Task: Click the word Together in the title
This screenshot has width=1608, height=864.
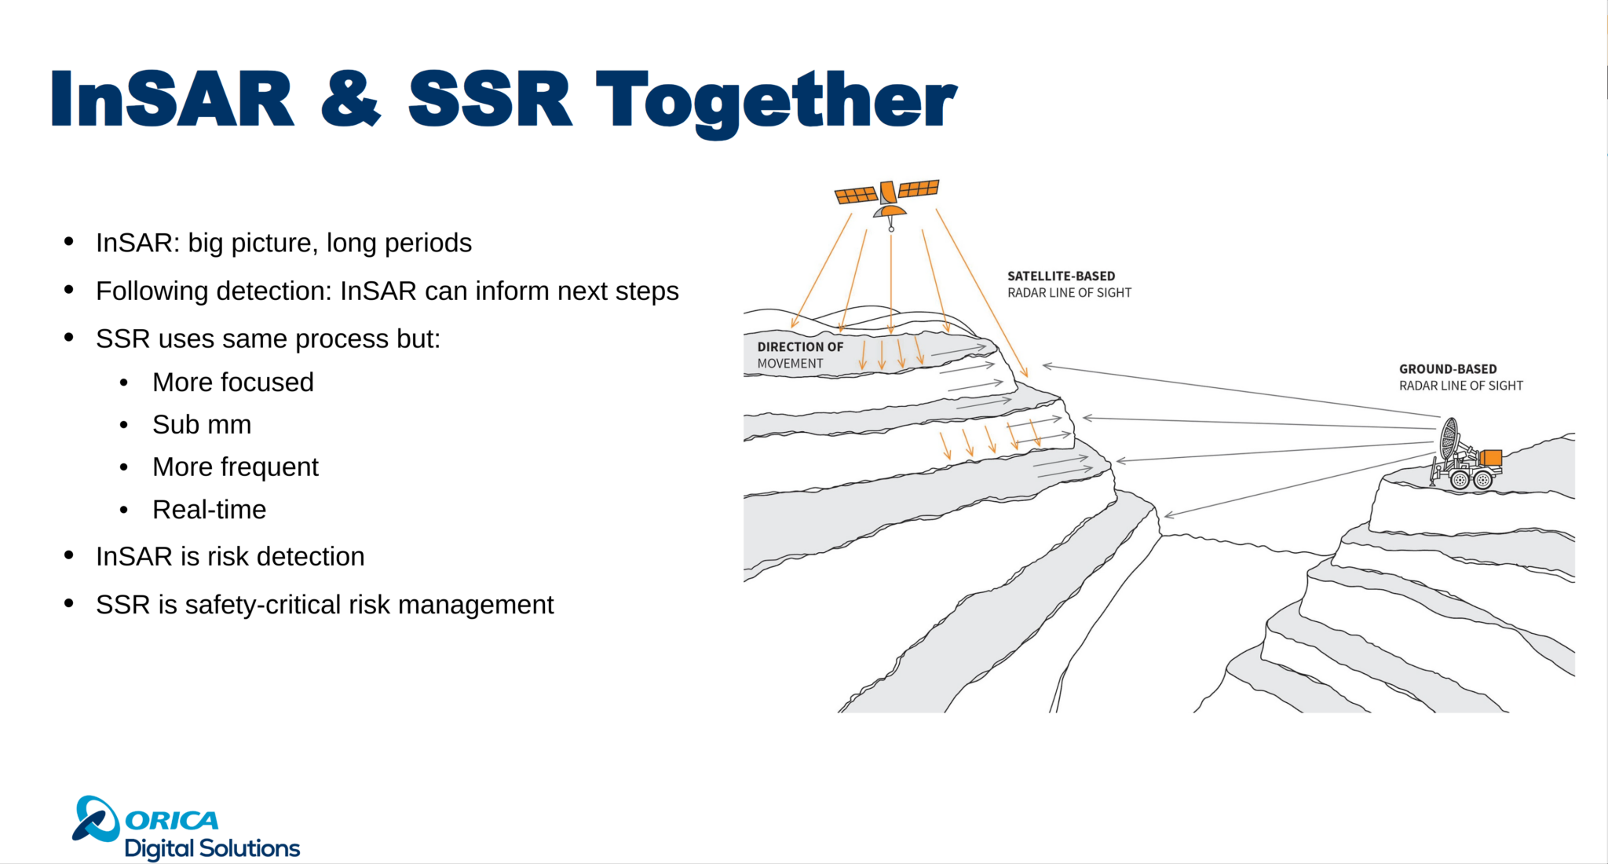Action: coord(776,100)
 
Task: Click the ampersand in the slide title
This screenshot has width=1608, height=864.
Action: coord(350,100)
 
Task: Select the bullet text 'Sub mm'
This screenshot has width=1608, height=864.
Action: coord(202,425)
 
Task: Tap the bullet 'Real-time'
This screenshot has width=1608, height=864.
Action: coord(209,510)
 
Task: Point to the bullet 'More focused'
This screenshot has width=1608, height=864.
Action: coord(232,383)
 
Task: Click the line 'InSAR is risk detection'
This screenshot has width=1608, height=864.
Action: coord(230,557)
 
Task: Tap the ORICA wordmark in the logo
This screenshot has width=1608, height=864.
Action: coord(172,821)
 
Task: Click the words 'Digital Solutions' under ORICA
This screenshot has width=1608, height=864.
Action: coord(212,848)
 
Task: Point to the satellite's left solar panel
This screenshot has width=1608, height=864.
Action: coord(855,195)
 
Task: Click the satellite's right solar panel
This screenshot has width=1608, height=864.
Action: coord(919,189)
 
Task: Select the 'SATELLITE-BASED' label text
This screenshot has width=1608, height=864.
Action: coord(1061,276)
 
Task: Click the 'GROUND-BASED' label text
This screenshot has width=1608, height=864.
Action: coord(1447,369)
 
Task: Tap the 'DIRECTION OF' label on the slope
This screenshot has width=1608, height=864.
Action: coord(800,347)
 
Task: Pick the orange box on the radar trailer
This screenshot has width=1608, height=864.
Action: coord(1490,458)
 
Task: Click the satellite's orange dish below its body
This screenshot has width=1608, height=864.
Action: coord(890,211)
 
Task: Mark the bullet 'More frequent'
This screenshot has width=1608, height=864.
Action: coord(236,467)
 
